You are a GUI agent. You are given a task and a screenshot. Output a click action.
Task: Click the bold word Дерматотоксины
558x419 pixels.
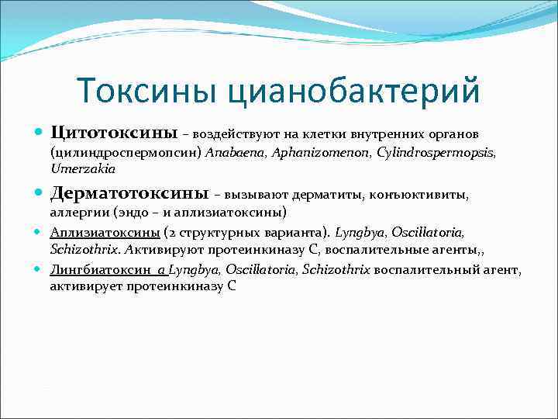[x=129, y=191]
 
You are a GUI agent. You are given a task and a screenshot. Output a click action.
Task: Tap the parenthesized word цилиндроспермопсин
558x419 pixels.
[x=126, y=153]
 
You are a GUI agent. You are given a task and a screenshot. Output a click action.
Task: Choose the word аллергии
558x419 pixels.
[x=79, y=212]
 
